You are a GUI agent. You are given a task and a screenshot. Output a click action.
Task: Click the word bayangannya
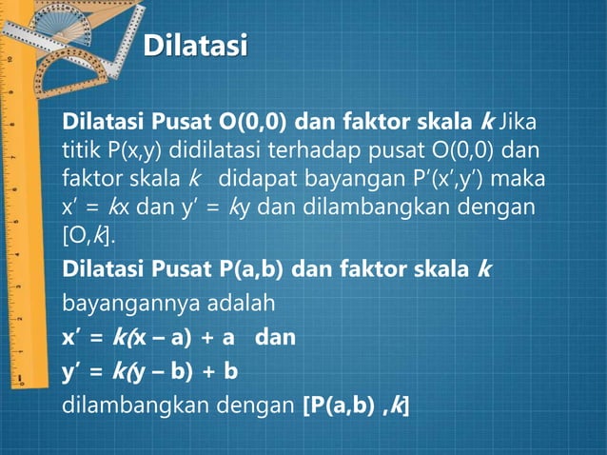132,305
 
